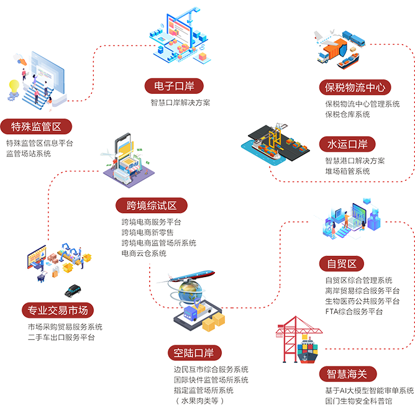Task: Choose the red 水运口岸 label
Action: click(348, 144)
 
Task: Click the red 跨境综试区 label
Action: click(152, 206)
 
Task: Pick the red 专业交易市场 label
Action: click(58, 310)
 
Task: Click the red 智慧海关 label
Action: click(347, 374)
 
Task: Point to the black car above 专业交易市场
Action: click(73, 291)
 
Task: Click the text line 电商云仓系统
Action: click(144, 253)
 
